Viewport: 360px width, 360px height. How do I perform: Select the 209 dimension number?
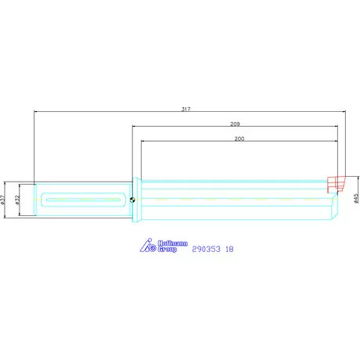tap(235, 123)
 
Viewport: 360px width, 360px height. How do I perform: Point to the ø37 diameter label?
tap(5, 200)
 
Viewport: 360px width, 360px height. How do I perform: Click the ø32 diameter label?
tap(18, 200)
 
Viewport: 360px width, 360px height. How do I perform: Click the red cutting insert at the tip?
tap(334, 185)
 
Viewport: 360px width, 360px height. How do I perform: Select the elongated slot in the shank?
tap(85, 200)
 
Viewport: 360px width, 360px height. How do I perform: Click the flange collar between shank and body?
tap(136, 200)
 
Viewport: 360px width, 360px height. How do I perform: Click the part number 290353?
tap(206, 249)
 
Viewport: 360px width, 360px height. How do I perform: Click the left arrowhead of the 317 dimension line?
tap(37, 111)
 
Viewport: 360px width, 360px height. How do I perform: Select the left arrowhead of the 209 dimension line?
tap(133, 127)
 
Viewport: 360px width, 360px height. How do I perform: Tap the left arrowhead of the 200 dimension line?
tap(143, 142)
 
